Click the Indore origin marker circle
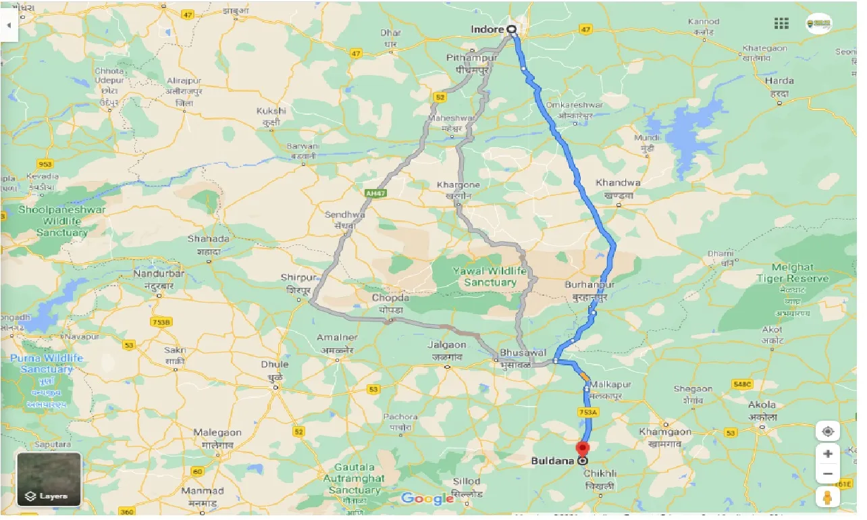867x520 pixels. coord(511,29)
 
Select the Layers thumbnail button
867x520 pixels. coord(49,479)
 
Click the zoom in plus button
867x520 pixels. coord(828,453)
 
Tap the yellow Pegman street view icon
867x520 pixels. coord(828,498)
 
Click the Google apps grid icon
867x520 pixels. coord(781,24)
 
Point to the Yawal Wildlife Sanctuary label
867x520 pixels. coord(490,276)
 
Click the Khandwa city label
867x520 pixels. coord(618,183)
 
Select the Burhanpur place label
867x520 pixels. coord(589,286)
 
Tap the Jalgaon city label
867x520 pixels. coord(447,344)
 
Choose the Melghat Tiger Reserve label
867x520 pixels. coord(792,273)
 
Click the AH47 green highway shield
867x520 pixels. coord(375,193)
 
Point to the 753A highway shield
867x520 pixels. coord(587,412)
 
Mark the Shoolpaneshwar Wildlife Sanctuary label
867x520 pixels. coord(62,221)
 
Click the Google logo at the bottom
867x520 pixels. coord(427,499)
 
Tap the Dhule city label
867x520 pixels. coord(275,365)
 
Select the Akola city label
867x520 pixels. coord(762,406)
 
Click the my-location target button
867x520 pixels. coord(828,430)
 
